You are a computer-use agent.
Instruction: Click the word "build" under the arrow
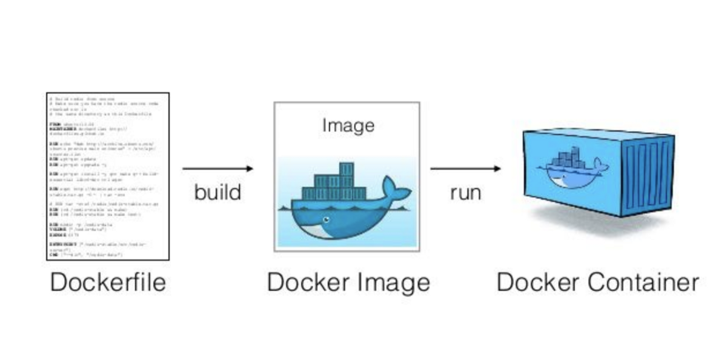(x=217, y=193)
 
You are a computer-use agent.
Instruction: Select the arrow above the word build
(x=217, y=169)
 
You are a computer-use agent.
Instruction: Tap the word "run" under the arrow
(x=465, y=193)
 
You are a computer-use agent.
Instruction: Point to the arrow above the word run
(x=465, y=168)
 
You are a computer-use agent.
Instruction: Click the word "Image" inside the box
(x=348, y=125)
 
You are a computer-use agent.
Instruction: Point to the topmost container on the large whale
(x=346, y=168)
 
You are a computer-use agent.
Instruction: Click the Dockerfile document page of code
(x=108, y=176)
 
